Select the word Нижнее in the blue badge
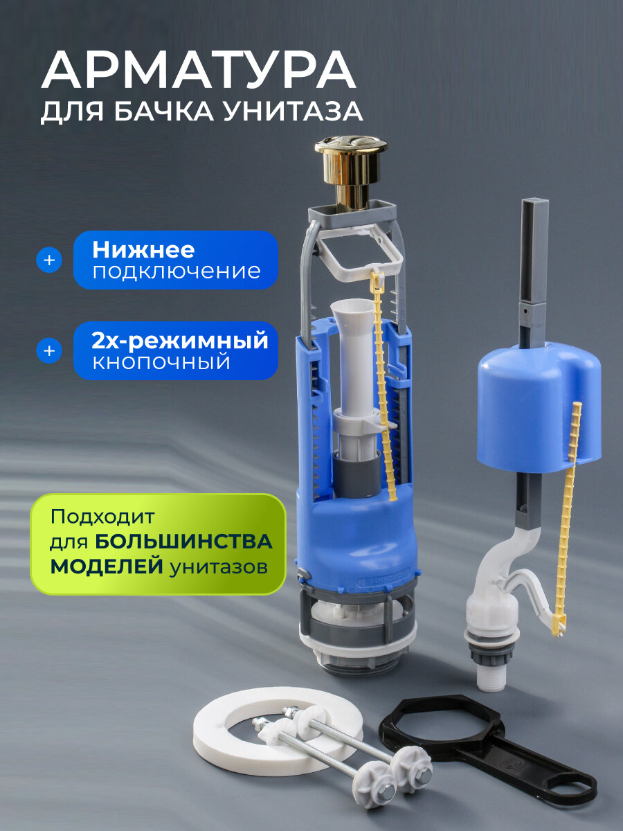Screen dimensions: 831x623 (143, 249)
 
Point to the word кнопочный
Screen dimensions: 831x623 (161, 363)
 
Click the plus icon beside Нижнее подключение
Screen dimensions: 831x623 (49, 260)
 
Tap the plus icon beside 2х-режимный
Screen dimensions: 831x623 (49, 351)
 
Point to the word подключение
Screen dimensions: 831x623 (177, 271)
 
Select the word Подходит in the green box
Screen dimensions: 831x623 (104, 517)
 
